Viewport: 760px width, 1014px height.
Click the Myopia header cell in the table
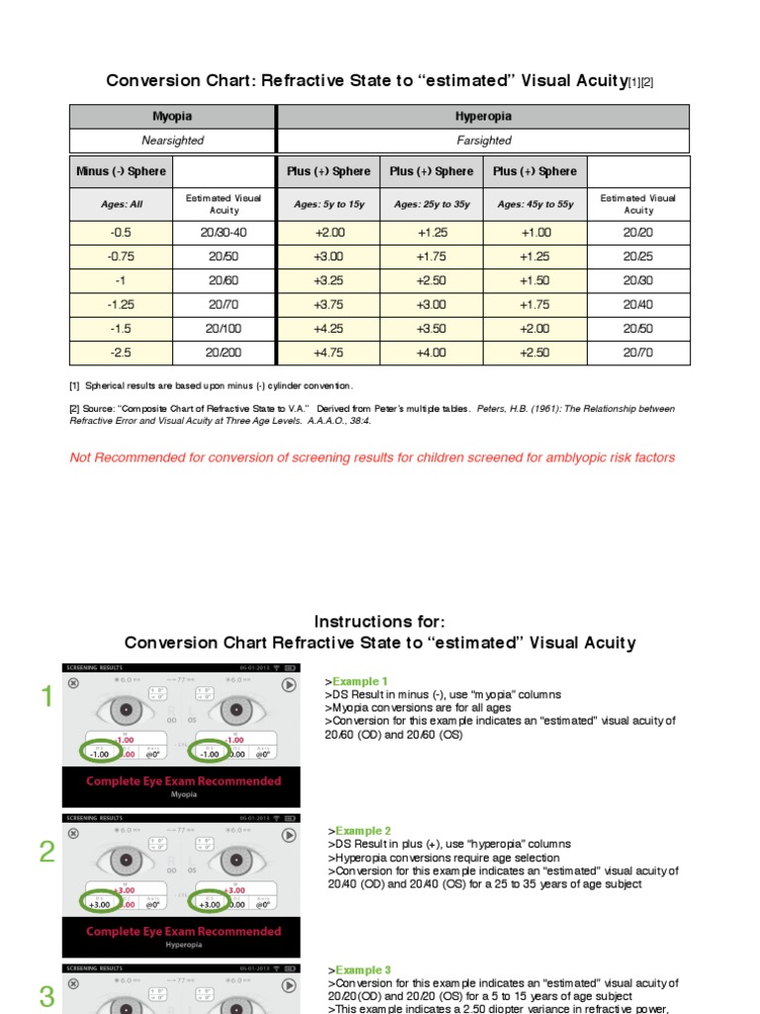click(x=172, y=116)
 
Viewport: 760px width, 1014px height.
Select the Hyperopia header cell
click(x=484, y=116)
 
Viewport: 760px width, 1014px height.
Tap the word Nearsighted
click(x=172, y=141)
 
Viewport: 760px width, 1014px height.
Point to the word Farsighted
click(x=484, y=141)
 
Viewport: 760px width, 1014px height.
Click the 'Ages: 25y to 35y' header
click(x=431, y=204)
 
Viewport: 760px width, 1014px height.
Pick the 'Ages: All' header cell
click(x=121, y=204)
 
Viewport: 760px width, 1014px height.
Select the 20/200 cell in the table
click(x=224, y=353)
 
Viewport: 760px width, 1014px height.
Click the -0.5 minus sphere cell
click(x=121, y=233)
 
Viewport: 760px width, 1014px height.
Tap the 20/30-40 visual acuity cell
click(x=224, y=233)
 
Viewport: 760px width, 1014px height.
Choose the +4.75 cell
click(x=328, y=353)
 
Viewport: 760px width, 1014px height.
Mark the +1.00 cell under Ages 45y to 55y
click(x=535, y=233)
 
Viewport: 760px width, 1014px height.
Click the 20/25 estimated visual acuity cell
click(x=638, y=256)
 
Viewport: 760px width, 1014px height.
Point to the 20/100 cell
click(x=224, y=329)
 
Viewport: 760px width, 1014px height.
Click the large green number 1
click(x=46, y=699)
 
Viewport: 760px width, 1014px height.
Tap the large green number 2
click(x=47, y=852)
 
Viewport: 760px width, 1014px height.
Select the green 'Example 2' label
click(x=361, y=831)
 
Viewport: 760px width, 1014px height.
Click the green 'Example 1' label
click(x=361, y=682)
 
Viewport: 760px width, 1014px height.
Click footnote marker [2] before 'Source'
click(x=75, y=409)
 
